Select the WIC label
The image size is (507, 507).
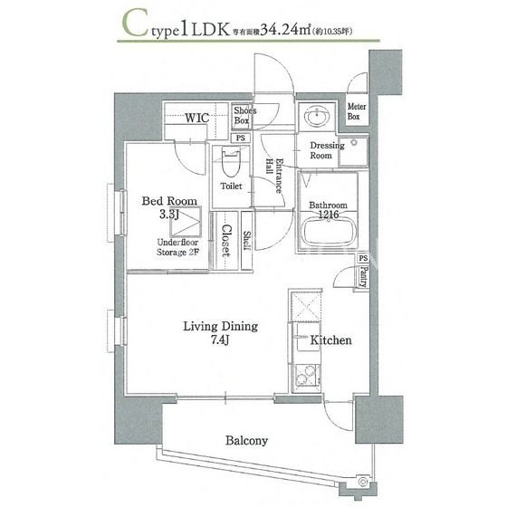point(198,118)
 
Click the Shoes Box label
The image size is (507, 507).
point(244,116)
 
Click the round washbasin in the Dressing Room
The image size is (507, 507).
point(318,118)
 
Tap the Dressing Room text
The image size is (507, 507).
point(326,150)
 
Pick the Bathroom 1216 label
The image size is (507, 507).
point(328,210)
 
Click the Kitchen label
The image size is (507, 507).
point(330,341)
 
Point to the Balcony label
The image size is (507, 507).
point(246,441)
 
